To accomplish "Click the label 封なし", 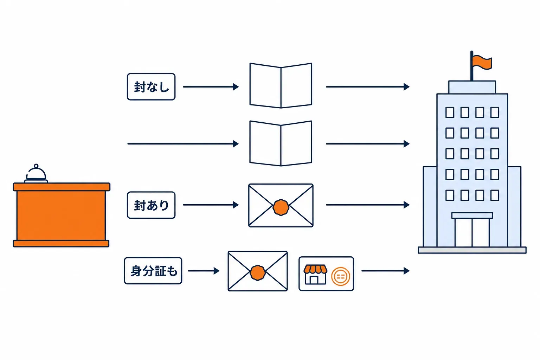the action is coord(151,87).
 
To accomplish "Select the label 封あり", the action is coord(151,205).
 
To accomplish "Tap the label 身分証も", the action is coord(153,271).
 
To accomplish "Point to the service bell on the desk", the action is coord(36,174).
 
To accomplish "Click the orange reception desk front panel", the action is coord(61,215).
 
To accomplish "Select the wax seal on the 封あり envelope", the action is coord(281,207).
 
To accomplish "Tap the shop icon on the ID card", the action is coord(315,275).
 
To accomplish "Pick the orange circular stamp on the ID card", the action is coord(341,277).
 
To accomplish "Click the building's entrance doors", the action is coord(472,232).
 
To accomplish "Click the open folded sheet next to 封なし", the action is coord(281,85).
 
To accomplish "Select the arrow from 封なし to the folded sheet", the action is coord(211,87).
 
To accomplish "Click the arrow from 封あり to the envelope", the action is coord(211,205).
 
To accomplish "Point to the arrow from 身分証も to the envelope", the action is coord(204,271).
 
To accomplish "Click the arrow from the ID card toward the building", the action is coord(386,271).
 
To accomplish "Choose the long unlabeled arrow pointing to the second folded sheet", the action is coord(183,144).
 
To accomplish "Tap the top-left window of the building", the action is coord(450,112).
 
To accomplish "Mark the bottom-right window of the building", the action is coord(495,195).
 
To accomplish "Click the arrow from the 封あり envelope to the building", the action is coord(368,205).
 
